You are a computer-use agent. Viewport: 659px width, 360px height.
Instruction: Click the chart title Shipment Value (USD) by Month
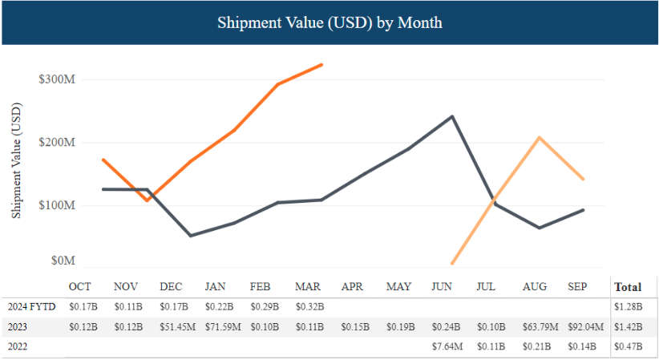pyautogui.click(x=329, y=22)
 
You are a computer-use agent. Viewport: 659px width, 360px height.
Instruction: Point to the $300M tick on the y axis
pyautogui.click(x=56, y=79)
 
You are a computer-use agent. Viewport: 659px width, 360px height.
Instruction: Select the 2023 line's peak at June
pyautogui.click(x=452, y=116)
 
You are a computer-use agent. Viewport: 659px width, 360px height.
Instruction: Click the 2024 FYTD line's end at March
pyautogui.click(x=321, y=64)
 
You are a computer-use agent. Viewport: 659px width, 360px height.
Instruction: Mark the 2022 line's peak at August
pyautogui.click(x=540, y=137)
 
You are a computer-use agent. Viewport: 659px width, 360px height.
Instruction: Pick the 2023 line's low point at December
pyautogui.click(x=191, y=236)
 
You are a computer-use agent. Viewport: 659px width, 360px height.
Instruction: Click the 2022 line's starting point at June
pyautogui.click(x=452, y=263)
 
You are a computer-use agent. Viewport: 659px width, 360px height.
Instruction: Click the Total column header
pyautogui.click(x=627, y=286)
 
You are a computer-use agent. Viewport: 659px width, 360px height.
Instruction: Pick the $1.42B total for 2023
pyautogui.click(x=627, y=326)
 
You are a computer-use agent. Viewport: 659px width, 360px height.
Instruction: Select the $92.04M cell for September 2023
pyautogui.click(x=584, y=326)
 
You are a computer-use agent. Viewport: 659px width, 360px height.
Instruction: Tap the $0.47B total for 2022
pyautogui.click(x=627, y=346)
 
